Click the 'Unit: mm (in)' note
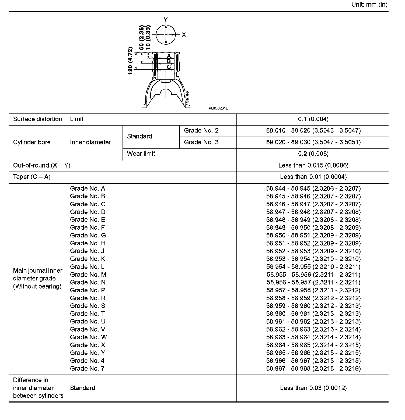pos(369,5)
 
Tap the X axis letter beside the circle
pos(184,35)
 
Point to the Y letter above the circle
pos(166,19)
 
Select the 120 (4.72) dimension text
pos(130,61)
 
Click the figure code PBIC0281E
pos(218,108)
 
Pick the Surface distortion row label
pos(37,119)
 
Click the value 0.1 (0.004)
pos(313,119)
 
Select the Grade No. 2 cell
pos(201,131)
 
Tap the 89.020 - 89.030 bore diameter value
pos(313,142)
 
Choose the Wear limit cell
pos(141,154)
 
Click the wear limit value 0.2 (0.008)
pos(313,154)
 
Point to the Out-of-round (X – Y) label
pos(41,165)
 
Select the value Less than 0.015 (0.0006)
pos(313,165)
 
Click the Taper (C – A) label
pos(32,177)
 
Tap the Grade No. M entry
pos(88,275)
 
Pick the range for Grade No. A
pos(313,188)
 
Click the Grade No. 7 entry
pos(87,368)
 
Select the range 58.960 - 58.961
pos(313,314)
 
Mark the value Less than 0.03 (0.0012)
pos(313,388)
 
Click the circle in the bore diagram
pos(166,35)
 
